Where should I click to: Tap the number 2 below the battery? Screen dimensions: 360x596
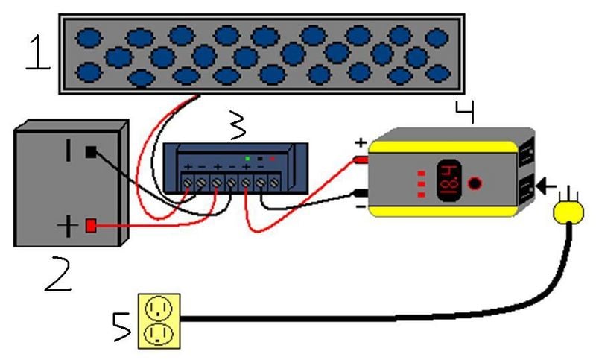click(57, 275)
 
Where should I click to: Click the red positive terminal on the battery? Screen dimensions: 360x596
click(92, 225)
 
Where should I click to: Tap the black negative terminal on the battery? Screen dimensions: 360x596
click(91, 152)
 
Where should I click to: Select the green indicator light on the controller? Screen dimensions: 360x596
click(247, 159)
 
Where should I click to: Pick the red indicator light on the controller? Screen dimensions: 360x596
click(272, 159)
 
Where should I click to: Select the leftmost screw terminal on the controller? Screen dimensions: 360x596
click(187, 180)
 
